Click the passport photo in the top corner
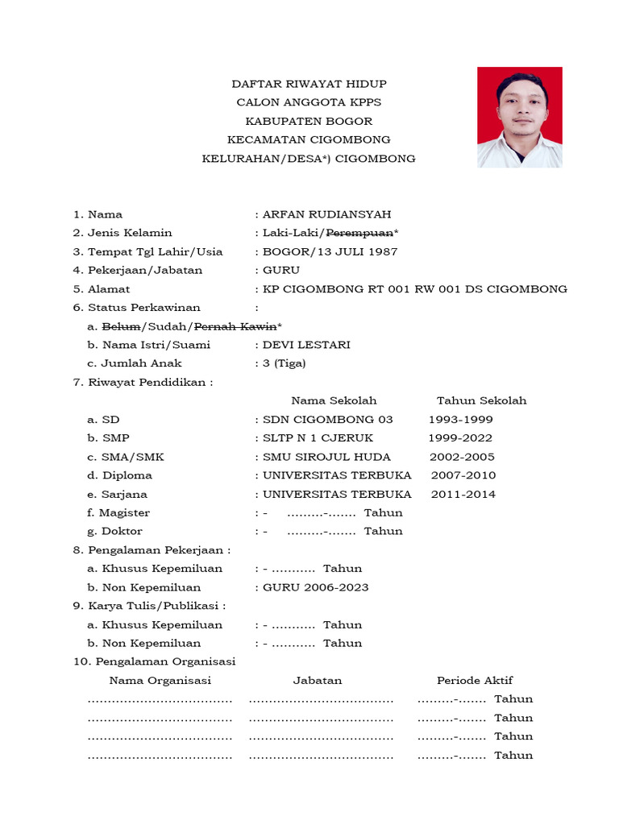[x=519, y=117]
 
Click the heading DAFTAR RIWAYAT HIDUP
[x=309, y=84]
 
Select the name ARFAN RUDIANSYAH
[x=326, y=214]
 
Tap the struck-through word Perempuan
[x=359, y=233]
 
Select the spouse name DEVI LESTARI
[x=306, y=345]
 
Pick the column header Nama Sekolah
[x=334, y=400]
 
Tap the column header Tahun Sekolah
[x=481, y=400]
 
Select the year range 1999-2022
[x=460, y=438]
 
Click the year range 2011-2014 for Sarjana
[x=463, y=494]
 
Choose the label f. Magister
[x=118, y=512]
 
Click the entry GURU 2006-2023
[x=315, y=587]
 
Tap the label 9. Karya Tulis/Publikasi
[x=149, y=606]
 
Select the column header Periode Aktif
[x=475, y=680]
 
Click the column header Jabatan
[x=317, y=680]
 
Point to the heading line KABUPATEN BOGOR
[x=309, y=121]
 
